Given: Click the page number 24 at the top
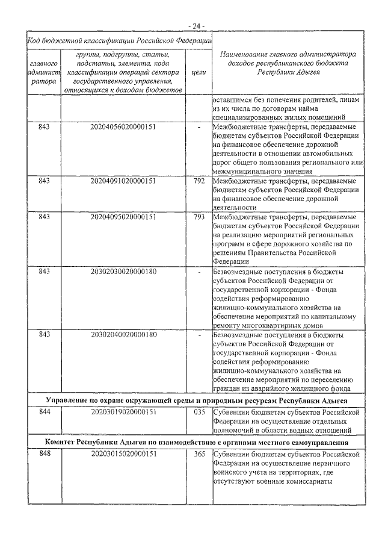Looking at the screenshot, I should coord(196,26).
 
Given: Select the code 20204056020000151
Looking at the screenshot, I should coord(123,128).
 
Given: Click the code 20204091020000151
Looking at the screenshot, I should coord(123,180).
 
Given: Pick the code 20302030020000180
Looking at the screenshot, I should coord(123,271).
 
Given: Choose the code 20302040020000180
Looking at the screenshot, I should coord(123,334).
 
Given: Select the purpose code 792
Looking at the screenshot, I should coord(200,180).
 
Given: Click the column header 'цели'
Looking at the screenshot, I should coord(199,72).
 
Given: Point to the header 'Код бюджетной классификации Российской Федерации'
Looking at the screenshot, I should coord(119,40).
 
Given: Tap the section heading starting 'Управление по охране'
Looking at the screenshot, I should coord(196,399).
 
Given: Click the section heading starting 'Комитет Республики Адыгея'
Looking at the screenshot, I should coord(196,442).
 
